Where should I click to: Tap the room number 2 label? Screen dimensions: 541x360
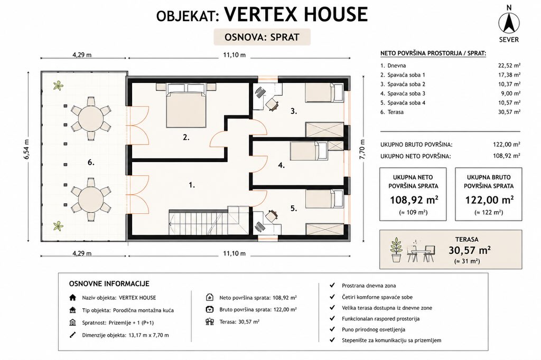point(186,138)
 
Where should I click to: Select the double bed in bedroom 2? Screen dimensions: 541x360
point(186,105)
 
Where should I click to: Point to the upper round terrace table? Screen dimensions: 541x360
point(91,118)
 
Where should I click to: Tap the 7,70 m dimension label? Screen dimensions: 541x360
point(362,149)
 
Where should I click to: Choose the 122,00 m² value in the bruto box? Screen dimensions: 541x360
point(489,200)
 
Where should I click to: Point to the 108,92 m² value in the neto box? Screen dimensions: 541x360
point(414,200)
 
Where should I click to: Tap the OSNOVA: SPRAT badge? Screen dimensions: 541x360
point(262,37)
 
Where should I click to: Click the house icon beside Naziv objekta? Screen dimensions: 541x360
point(72,298)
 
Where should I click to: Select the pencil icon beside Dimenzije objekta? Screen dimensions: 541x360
point(72,335)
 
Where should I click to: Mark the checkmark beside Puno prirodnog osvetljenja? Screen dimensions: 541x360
point(332,329)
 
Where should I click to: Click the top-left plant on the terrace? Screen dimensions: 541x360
point(58,85)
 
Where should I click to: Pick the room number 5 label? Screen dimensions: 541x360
point(293,209)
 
